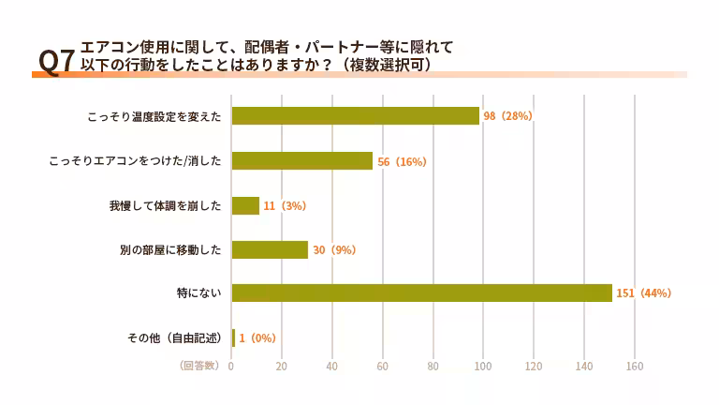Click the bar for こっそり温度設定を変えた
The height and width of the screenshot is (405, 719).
click(x=355, y=116)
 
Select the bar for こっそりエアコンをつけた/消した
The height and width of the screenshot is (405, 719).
click(x=301, y=161)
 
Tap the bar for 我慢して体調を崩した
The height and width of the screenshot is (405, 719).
click(x=245, y=205)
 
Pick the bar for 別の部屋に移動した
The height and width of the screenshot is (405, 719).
click(x=270, y=249)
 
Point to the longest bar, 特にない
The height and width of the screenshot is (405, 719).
click(x=421, y=293)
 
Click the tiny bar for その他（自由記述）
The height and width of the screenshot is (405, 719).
click(x=233, y=337)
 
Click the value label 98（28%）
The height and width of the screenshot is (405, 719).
click(x=507, y=116)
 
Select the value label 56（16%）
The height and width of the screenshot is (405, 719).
click(x=402, y=161)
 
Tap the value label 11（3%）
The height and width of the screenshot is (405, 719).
click(x=285, y=205)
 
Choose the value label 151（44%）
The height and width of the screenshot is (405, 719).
click(x=643, y=293)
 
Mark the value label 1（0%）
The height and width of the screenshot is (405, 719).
click(x=257, y=337)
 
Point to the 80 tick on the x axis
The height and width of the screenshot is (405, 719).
click(x=433, y=367)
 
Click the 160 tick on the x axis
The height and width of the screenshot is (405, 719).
click(x=634, y=367)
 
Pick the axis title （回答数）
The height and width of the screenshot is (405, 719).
click(x=198, y=366)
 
